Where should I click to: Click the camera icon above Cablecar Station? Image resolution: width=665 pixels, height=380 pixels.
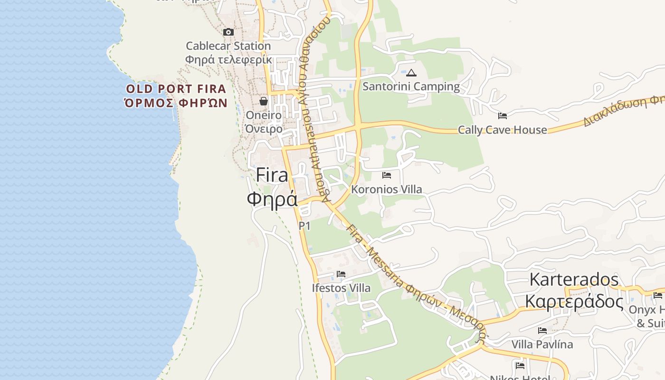[228, 32]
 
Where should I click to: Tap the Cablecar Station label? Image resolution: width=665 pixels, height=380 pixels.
[228, 46]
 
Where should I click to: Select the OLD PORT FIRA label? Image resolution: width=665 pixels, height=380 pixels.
[176, 89]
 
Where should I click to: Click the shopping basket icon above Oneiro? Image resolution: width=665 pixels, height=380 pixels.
[264, 101]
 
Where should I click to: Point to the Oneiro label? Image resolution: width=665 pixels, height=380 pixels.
[264, 115]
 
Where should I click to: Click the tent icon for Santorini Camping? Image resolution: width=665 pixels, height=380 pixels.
[411, 73]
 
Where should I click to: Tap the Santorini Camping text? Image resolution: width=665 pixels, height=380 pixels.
[411, 86]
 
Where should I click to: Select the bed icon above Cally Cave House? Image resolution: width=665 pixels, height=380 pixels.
[503, 116]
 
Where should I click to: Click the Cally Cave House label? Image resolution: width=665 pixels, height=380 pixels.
[503, 130]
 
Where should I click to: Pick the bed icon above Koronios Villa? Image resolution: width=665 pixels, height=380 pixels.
[387, 175]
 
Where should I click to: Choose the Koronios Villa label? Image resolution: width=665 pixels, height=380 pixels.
[387, 189]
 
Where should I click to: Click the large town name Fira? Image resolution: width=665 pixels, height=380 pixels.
[272, 175]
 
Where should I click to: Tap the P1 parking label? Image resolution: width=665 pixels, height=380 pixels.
[304, 226]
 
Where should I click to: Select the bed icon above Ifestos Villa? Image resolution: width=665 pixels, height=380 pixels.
[341, 274]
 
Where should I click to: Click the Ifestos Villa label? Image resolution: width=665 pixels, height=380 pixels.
[341, 288]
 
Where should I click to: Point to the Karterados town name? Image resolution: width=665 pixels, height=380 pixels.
[574, 279]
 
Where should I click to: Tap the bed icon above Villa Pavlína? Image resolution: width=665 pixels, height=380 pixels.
[542, 331]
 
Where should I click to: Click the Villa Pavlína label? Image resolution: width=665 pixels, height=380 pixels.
[542, 344]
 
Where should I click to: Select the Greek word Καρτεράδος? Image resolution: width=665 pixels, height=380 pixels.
[574, 301]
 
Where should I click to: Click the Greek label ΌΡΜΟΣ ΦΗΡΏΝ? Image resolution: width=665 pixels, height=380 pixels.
[176, 103]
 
